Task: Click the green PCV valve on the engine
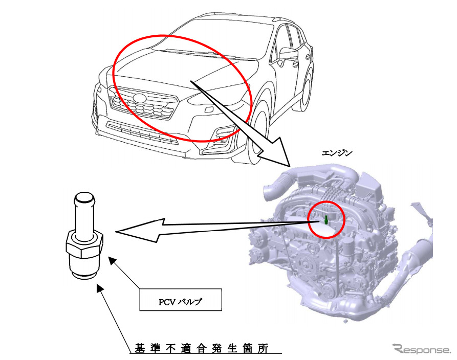coord(325,220)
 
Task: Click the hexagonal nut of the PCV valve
coord(85,245)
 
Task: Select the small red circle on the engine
coord(327,220)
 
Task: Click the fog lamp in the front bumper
coord(223,134)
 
